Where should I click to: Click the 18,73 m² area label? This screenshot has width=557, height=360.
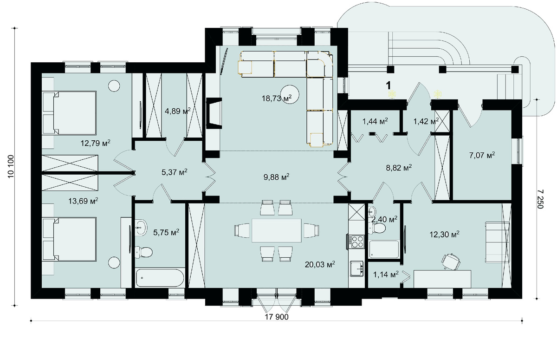(x=277, y=98)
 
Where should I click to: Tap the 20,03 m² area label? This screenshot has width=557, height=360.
(x=320, y=264)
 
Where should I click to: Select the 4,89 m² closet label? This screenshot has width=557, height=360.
(x=177, y=111)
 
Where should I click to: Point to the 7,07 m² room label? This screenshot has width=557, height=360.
(x=482, y=156)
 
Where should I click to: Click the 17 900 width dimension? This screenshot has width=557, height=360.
(x=277, y=317)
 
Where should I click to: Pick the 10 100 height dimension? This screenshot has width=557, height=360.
(x=11, y=166)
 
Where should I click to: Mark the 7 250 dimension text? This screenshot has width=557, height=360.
(x=540, y=199)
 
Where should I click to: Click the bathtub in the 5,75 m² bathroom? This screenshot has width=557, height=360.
(x=160, y=278)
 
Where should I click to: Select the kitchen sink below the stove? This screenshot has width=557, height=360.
(x=357, y=268)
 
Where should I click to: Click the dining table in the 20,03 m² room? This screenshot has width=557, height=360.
(x=277, y=230)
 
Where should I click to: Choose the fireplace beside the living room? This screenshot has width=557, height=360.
(x=214, y=113)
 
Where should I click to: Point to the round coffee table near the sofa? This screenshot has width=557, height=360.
(x=290, y=95)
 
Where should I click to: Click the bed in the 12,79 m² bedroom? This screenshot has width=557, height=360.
(x=69, y=113)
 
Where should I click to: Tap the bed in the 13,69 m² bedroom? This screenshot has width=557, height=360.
(x=69, y=239)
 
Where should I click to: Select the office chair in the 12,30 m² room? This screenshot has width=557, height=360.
(x=451, y=261)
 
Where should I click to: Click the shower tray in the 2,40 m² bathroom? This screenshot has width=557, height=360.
(x=384, y=249)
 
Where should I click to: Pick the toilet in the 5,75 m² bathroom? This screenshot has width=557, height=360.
(x=143, y=252)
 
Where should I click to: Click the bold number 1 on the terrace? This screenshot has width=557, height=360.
(x=388, y=85)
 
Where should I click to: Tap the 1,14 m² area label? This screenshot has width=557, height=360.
(x=386, y=275)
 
